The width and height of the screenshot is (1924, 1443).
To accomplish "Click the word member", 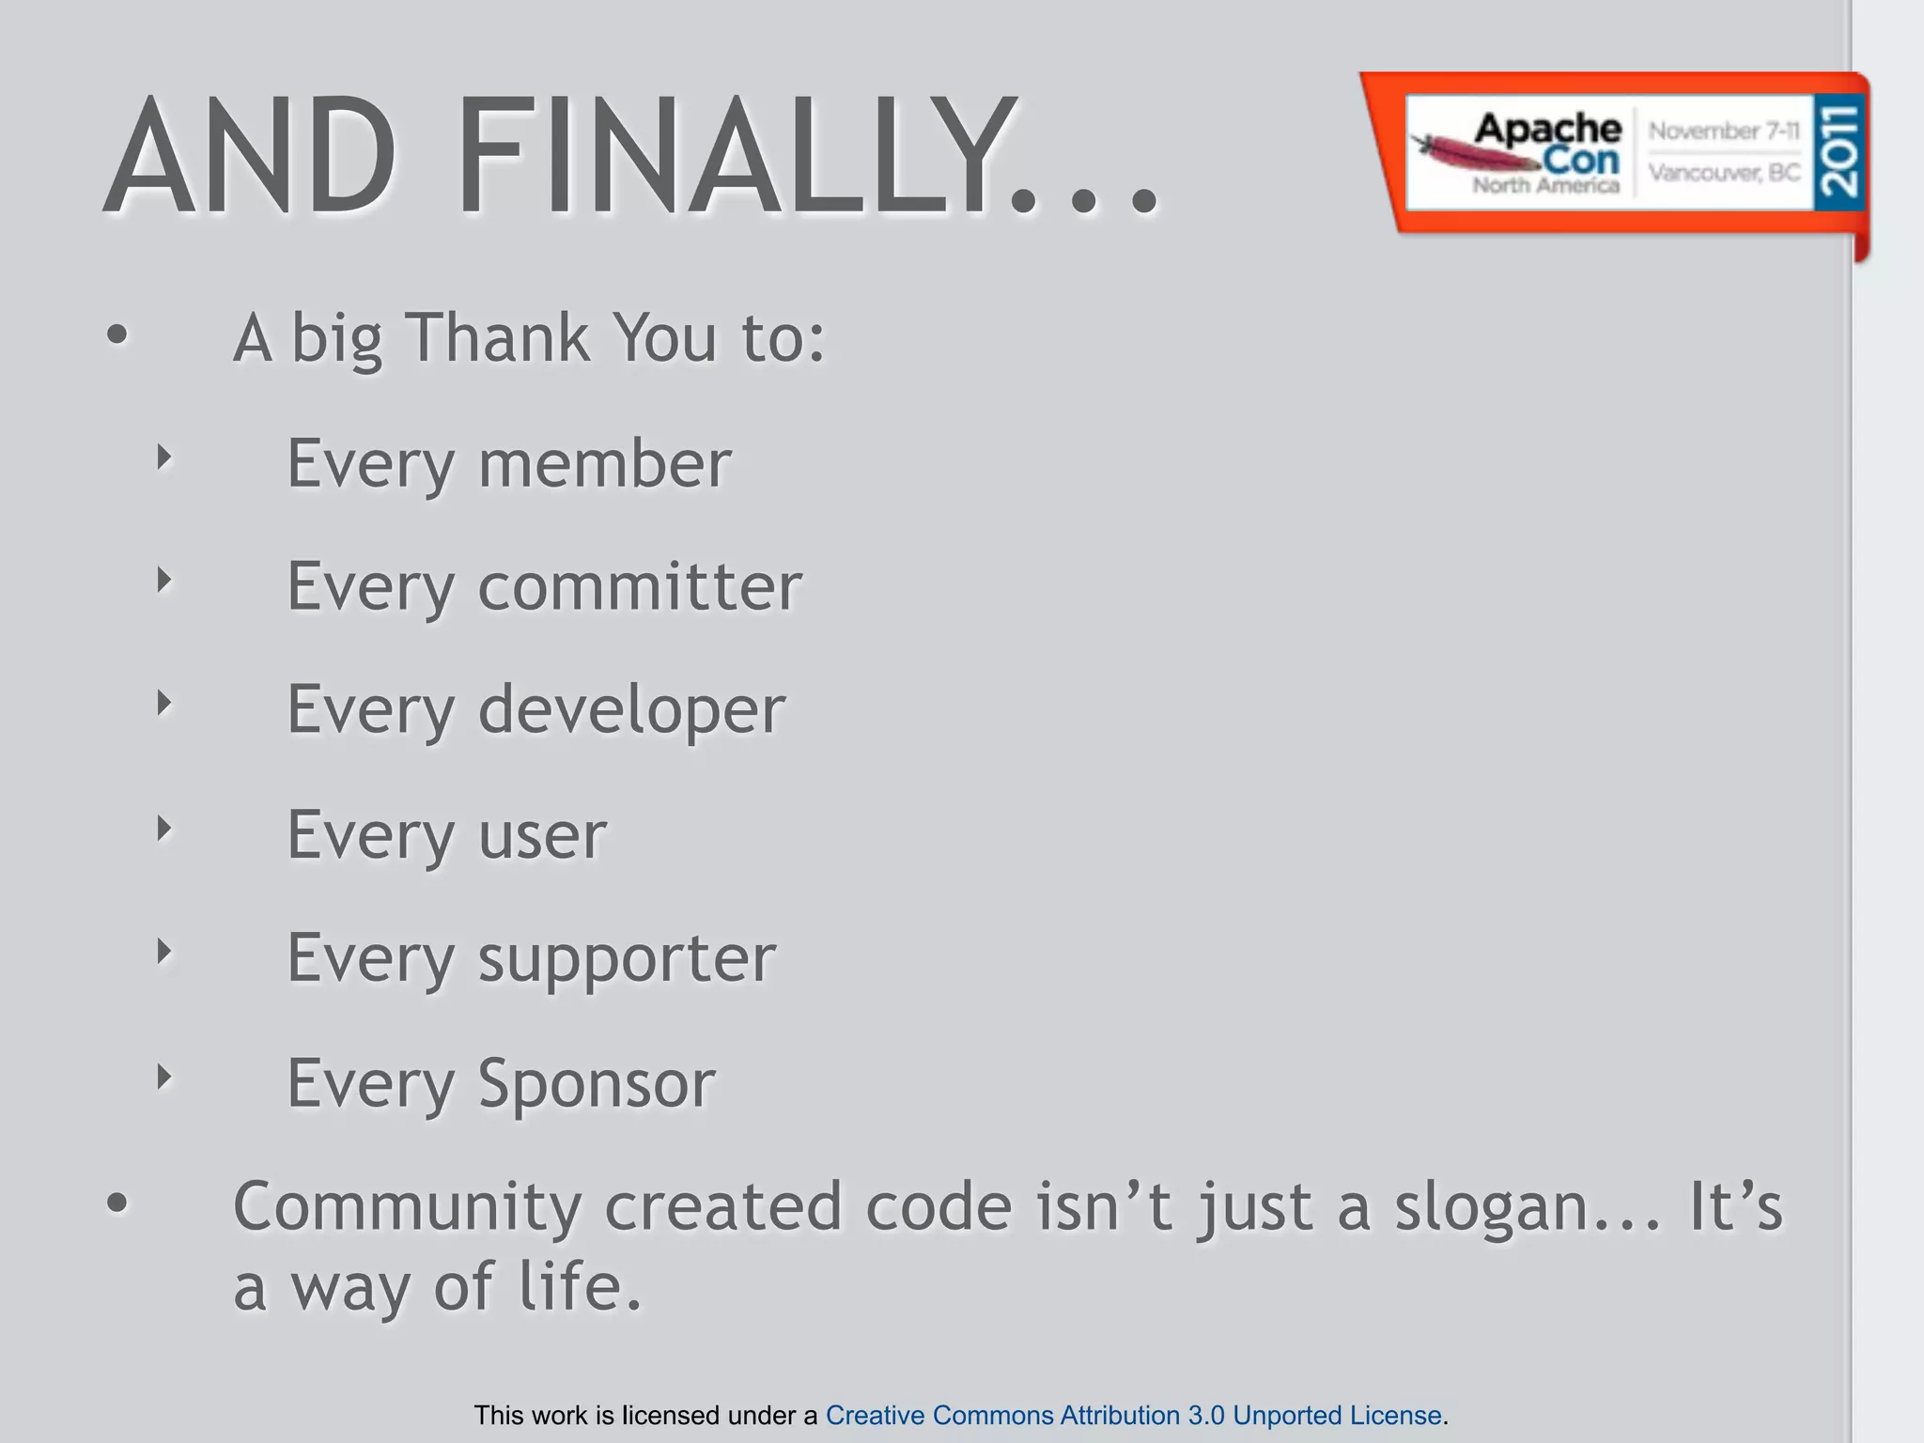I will pyautogui.click(x=604, y=463).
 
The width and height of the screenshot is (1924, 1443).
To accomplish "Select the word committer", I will pyautogui.click(x=640, y=586).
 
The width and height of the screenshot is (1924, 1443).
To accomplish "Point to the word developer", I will pyautogui.click(x=631, y=710).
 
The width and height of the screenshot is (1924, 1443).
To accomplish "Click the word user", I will pyautogui.click(x=542, y=834).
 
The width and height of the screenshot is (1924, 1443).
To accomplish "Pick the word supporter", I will pyautogui.click(x=627, y=959).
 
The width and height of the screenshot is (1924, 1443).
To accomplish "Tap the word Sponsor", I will pyautogui.click(x=597, y=1083).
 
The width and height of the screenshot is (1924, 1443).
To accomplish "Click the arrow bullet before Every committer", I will pyautogui.click(x=164, y=581).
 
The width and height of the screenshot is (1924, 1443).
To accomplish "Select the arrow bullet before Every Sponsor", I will pyautogui.click(x=164, y=1077).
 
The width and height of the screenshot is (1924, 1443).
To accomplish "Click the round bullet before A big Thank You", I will pyautogui.click(x=116, y=335).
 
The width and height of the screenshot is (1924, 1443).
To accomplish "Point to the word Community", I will pyautogui.click(x=407, y=1207).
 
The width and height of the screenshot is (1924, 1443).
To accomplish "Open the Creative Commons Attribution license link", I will pyautogui.click(x=1133, y=1415).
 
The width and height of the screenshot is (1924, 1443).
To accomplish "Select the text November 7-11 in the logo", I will pyautogui.click(x=1724, y=131).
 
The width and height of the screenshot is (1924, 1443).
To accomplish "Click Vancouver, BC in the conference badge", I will pyautogui.click(x=1724, y=173).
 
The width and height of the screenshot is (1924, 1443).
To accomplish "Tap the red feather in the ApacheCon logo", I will pyautogui.click(x=1466, y=152).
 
